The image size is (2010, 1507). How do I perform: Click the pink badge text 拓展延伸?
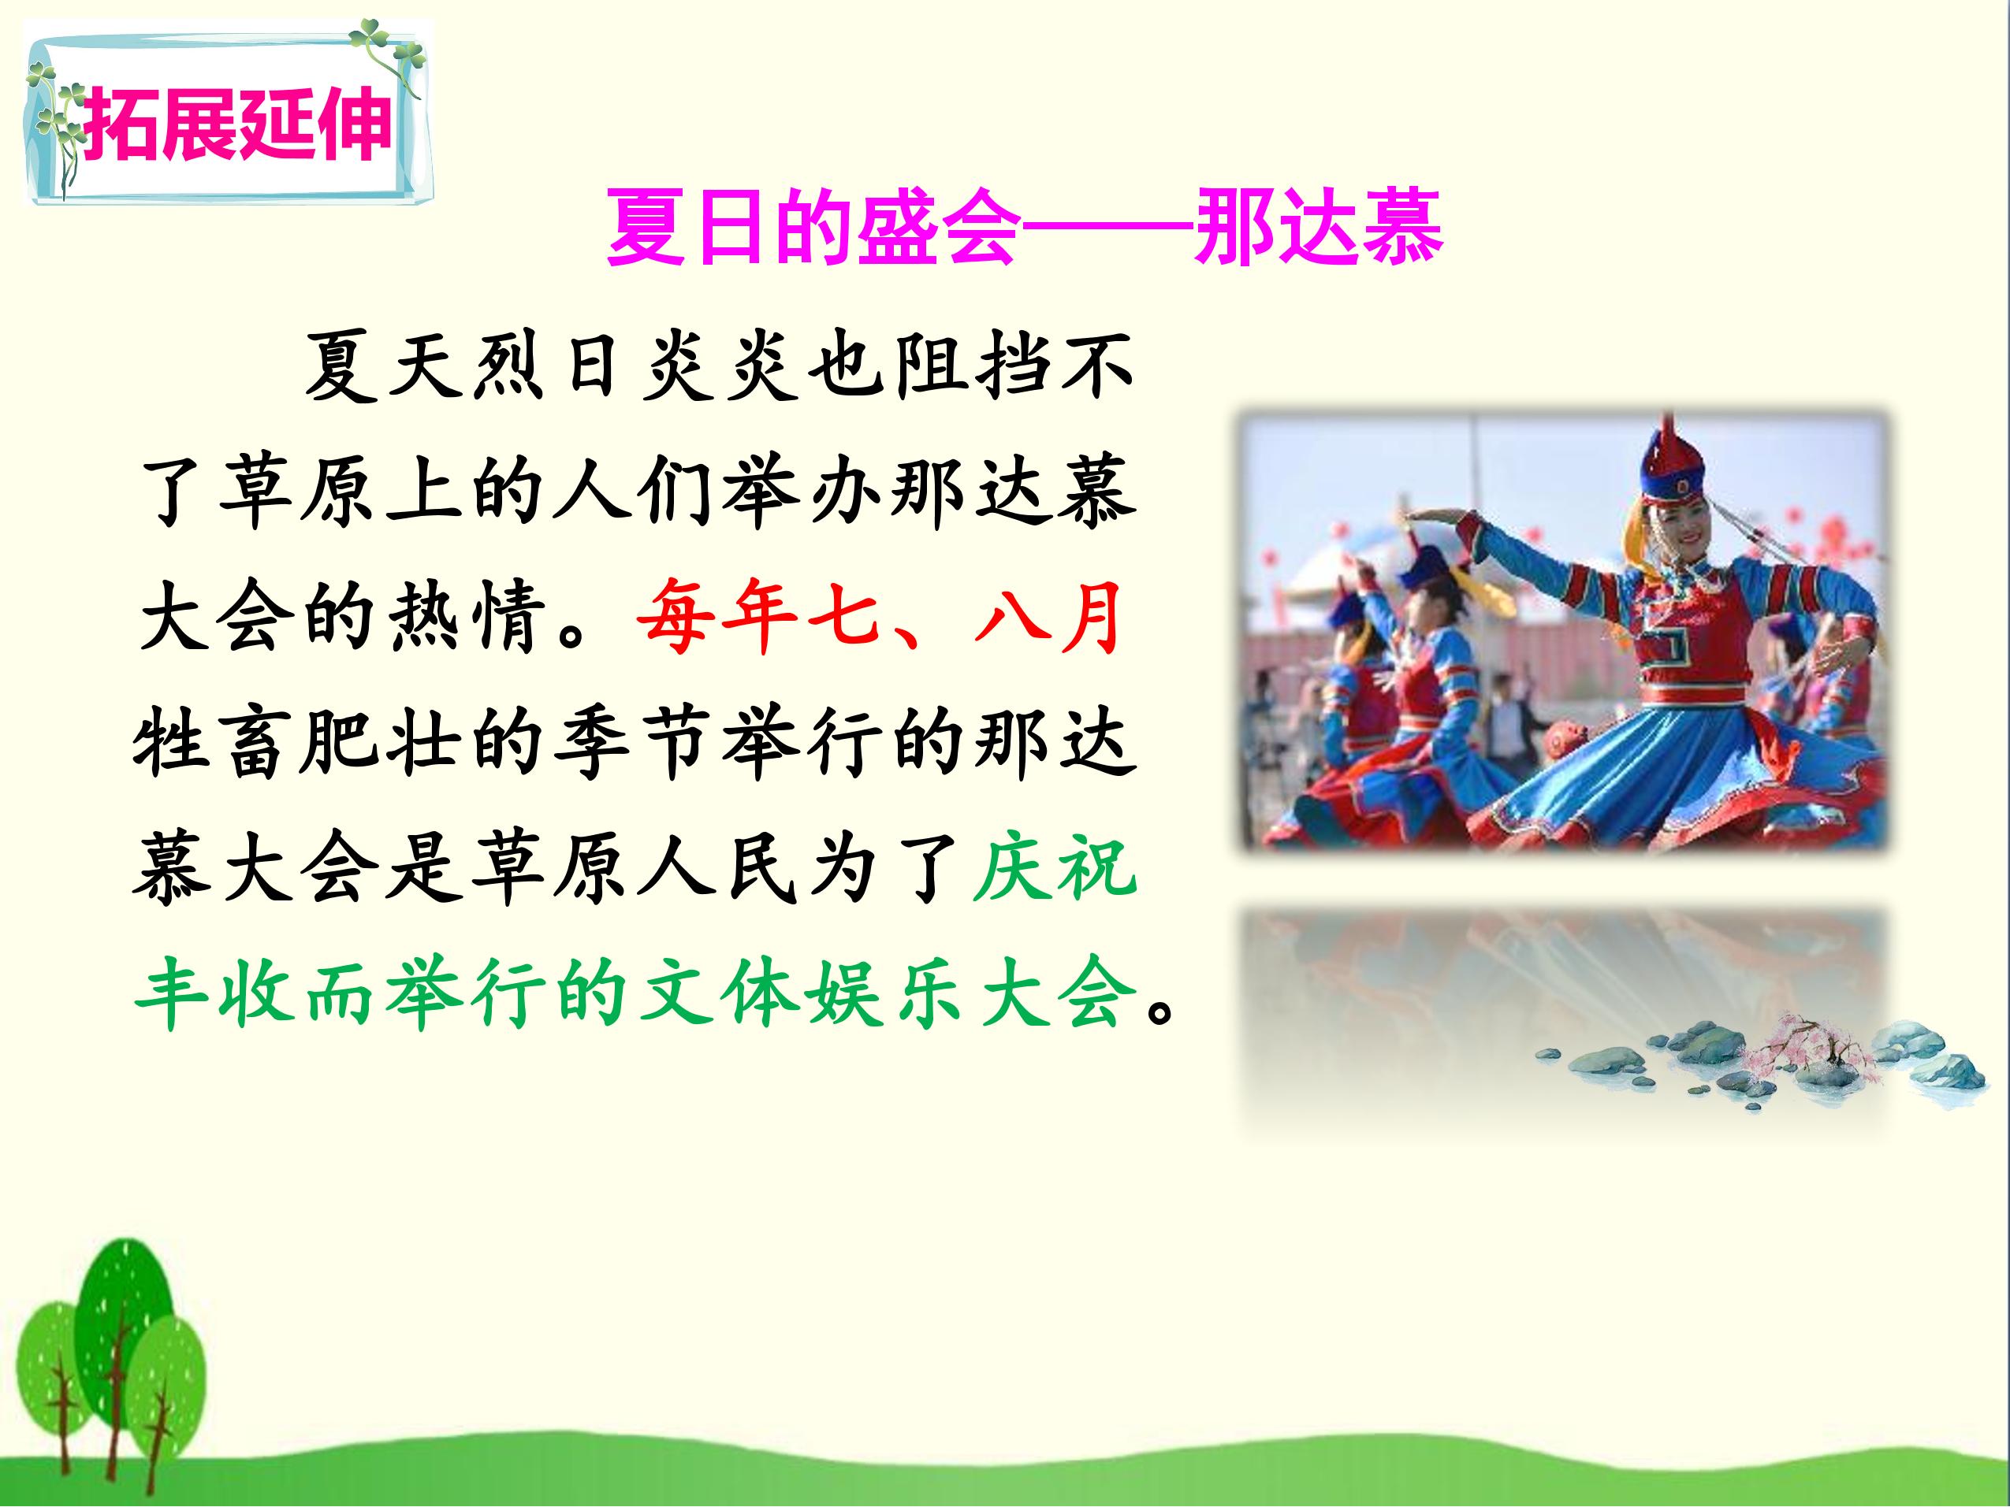point(238,124)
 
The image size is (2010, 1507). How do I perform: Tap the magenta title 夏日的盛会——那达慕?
point(1024,227)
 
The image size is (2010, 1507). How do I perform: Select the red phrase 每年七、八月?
point(879,618)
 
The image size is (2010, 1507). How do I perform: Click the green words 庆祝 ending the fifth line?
point(1054,870)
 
